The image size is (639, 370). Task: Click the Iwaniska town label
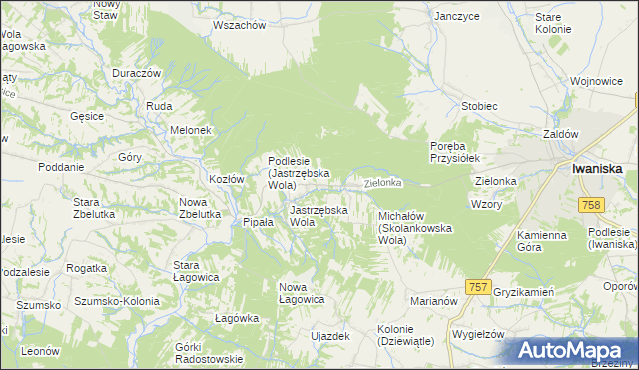point(598,169)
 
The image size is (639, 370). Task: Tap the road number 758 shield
point(592,204)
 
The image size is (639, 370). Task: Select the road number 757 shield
point(478,287)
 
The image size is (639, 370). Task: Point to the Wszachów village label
point(239,26)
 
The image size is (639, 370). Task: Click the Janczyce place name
point(457,16)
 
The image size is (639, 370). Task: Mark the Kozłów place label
point(226,179)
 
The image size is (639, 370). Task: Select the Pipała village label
point(258,222)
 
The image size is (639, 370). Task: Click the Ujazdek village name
point(330,336)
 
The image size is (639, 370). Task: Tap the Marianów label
point(433,300)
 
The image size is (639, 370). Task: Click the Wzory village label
point(486,203)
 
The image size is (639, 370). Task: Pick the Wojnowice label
point(596,80)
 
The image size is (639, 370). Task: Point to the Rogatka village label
point(86,268)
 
